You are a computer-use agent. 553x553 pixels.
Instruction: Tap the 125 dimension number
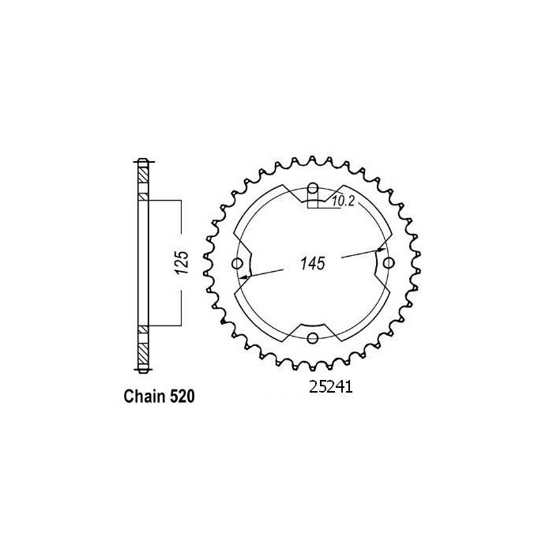point(180,263)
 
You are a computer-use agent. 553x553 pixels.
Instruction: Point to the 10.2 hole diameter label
point(341,202)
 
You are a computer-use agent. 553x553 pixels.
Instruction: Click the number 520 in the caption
point(176,394)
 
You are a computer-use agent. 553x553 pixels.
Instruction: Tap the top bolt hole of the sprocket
point(313,188)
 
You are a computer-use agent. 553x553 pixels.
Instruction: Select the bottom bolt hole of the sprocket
point(313,338)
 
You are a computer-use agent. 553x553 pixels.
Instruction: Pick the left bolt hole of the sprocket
point(238,263)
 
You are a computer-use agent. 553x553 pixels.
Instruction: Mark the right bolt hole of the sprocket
point(387,263)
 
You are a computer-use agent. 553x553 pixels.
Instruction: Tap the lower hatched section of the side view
point(142,347)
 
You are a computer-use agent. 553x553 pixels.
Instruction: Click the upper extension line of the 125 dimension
point(166,199)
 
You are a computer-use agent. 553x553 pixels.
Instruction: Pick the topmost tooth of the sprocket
point(313,160)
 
